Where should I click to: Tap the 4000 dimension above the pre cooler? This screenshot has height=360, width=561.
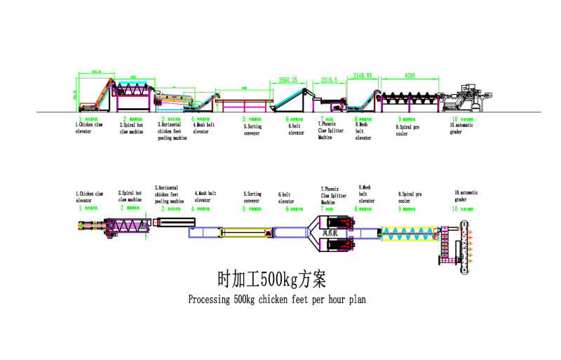pos(410,75)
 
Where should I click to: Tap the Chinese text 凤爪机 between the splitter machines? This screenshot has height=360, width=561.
pos(330,231)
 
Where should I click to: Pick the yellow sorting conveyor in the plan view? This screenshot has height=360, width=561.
pos(243,231)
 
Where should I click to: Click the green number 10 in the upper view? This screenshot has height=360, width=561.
pos(454,120)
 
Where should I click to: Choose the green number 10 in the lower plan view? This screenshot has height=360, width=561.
pos(454,208)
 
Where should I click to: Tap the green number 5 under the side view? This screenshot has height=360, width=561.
pos(245,120)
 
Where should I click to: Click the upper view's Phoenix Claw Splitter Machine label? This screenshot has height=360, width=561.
pos(331,132)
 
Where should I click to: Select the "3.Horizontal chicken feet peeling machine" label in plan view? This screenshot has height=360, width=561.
pos(169,194)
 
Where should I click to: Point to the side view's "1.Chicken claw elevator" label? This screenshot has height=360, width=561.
pos(89,129)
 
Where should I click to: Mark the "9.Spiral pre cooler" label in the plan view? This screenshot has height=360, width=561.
pos(410,197)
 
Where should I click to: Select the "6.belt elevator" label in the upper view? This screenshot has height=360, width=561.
pos(295,129)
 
